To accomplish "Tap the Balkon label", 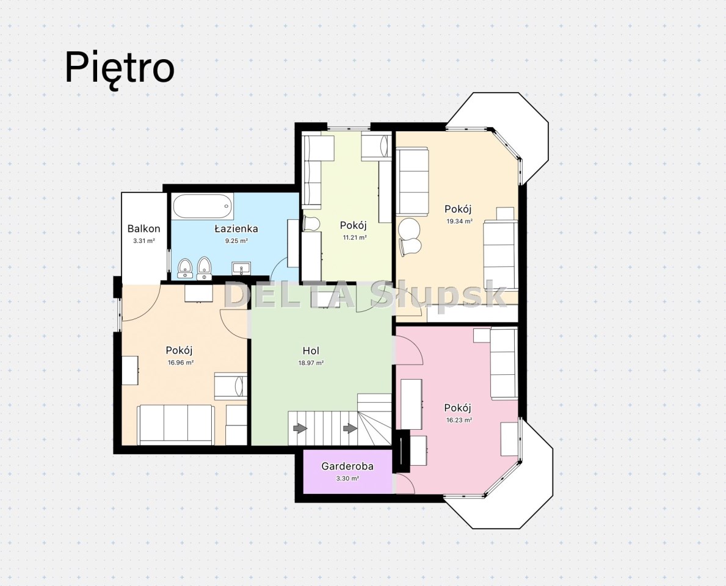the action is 144,228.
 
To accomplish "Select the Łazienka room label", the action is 236,228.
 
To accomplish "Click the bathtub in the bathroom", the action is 203,208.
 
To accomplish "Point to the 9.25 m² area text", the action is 236,241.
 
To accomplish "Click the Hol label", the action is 311,351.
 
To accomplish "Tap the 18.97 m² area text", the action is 311,363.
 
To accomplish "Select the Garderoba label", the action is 347,466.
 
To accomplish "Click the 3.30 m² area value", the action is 347,478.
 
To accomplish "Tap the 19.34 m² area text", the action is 459,221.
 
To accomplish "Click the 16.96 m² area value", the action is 181,363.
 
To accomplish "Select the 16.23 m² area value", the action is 459,421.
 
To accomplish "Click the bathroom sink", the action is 241,269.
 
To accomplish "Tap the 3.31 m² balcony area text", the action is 143,241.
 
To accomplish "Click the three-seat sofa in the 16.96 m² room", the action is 176,424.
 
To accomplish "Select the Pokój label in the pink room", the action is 457,408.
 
